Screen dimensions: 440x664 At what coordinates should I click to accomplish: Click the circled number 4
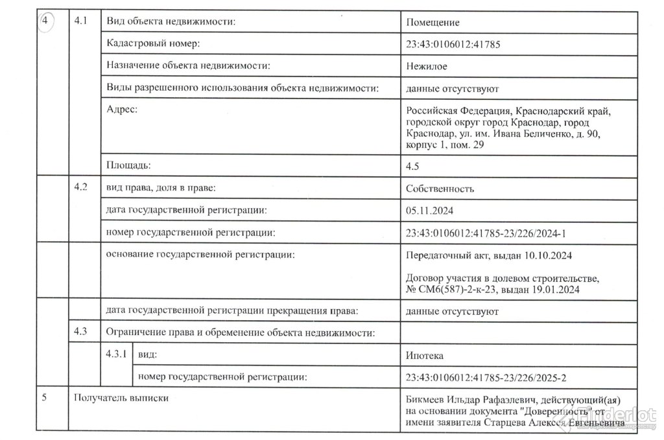(46, 21)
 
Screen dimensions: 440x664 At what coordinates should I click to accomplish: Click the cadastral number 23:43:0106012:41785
(453, 45)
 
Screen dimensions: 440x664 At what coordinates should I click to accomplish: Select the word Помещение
(433, 23)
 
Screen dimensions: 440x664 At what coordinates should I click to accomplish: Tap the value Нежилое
(425, 66)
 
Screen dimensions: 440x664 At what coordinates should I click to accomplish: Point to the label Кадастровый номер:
(152, 43)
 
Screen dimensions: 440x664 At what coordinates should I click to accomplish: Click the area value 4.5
(412, 167)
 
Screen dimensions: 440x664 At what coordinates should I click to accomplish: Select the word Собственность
(440, 189)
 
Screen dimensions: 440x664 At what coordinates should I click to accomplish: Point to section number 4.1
(81, 21)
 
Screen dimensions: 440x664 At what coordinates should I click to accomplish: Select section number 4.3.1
(115, 354)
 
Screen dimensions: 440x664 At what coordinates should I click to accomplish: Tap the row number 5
(43, 398)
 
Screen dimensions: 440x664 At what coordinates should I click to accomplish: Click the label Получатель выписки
(122, 398)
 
